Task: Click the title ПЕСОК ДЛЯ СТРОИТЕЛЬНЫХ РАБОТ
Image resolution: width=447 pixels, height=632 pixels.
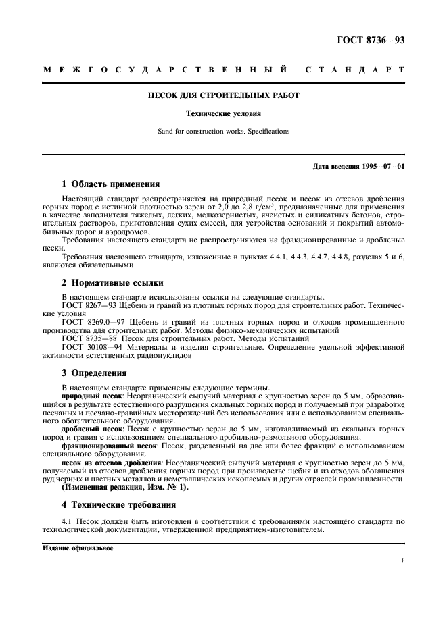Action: pyautogui.click(x=223, y=95)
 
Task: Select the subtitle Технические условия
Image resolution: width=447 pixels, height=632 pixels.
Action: pyautogui.click(x=223, y=115)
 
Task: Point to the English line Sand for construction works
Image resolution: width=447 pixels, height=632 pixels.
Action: pyautogui.click(x=223, y=131)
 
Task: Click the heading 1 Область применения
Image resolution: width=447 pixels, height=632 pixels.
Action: pyautogui.click(x=110, y=184)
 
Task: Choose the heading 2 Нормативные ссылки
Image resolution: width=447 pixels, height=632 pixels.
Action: pyautogui.click(x=112, y=282)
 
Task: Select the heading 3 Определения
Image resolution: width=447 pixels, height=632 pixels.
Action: pyautogui.click(x=93, y=373)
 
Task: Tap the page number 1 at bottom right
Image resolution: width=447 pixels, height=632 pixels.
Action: pyautogui.click(x=402, y=561)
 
